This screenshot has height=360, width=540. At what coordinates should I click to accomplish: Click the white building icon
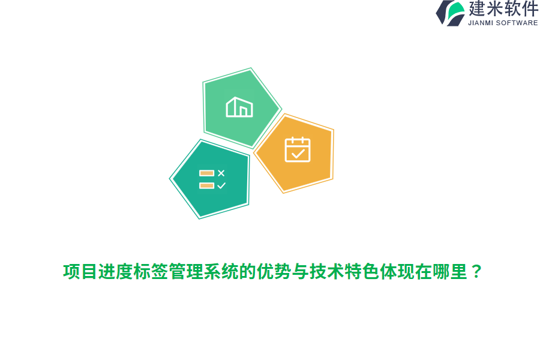[239, 107]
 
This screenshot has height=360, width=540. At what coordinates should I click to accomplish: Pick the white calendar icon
[298, 149]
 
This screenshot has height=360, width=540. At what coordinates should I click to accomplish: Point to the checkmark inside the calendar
[298, 154]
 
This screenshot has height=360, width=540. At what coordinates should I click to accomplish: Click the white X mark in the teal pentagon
[221, 173]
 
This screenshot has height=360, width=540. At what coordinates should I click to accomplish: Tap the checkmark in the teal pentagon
[221, 185]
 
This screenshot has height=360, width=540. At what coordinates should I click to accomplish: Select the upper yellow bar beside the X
[206, 173]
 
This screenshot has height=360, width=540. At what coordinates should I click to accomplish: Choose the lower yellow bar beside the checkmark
[206, 185]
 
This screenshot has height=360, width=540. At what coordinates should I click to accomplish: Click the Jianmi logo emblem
[450, 13]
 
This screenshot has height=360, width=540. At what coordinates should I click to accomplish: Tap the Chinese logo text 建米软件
[503, 9]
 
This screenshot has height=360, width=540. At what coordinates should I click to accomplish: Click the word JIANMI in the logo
[484, 23]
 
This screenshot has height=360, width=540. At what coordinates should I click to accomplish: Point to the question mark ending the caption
[476, 272]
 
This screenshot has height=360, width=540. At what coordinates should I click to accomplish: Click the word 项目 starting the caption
[80, 272]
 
